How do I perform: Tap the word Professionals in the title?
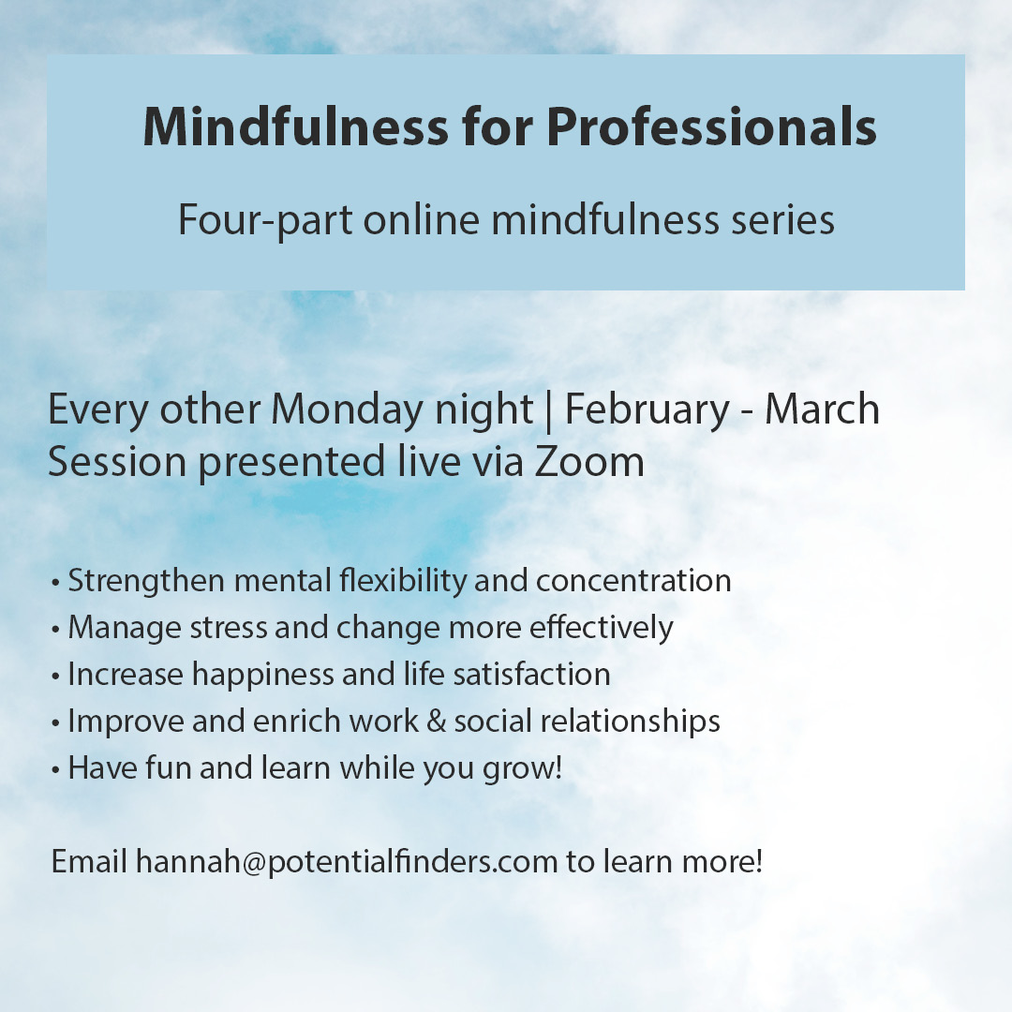click(712, 128)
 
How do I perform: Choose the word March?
click(822, 410)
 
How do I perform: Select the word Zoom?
click(589, 463)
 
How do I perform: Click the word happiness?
click(263, 675)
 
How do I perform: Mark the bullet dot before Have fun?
click(56, 769)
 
